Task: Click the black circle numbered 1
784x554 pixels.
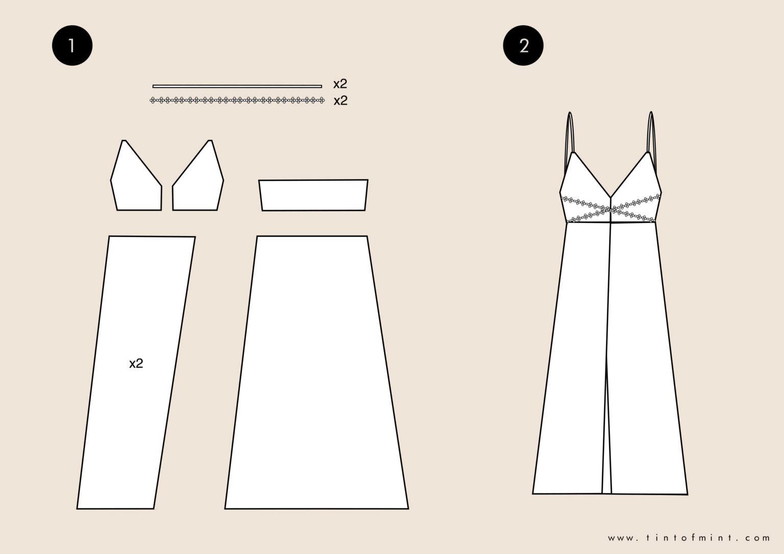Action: tap(72, 46)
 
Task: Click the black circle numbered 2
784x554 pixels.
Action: tap(523, 46)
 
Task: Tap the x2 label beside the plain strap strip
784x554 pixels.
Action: tap(340, 84)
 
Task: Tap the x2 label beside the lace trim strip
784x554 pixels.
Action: tap(340, 100)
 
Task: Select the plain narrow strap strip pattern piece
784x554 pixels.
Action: tap(237, 86)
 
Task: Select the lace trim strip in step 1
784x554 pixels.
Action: tap(237, 100)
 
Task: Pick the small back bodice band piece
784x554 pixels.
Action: tap(313, 195)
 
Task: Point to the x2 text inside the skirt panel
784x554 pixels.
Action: tap(136, 364)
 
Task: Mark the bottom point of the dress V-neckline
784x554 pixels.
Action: tap(611, 197)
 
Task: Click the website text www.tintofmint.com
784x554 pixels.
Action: tap(689, 538)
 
